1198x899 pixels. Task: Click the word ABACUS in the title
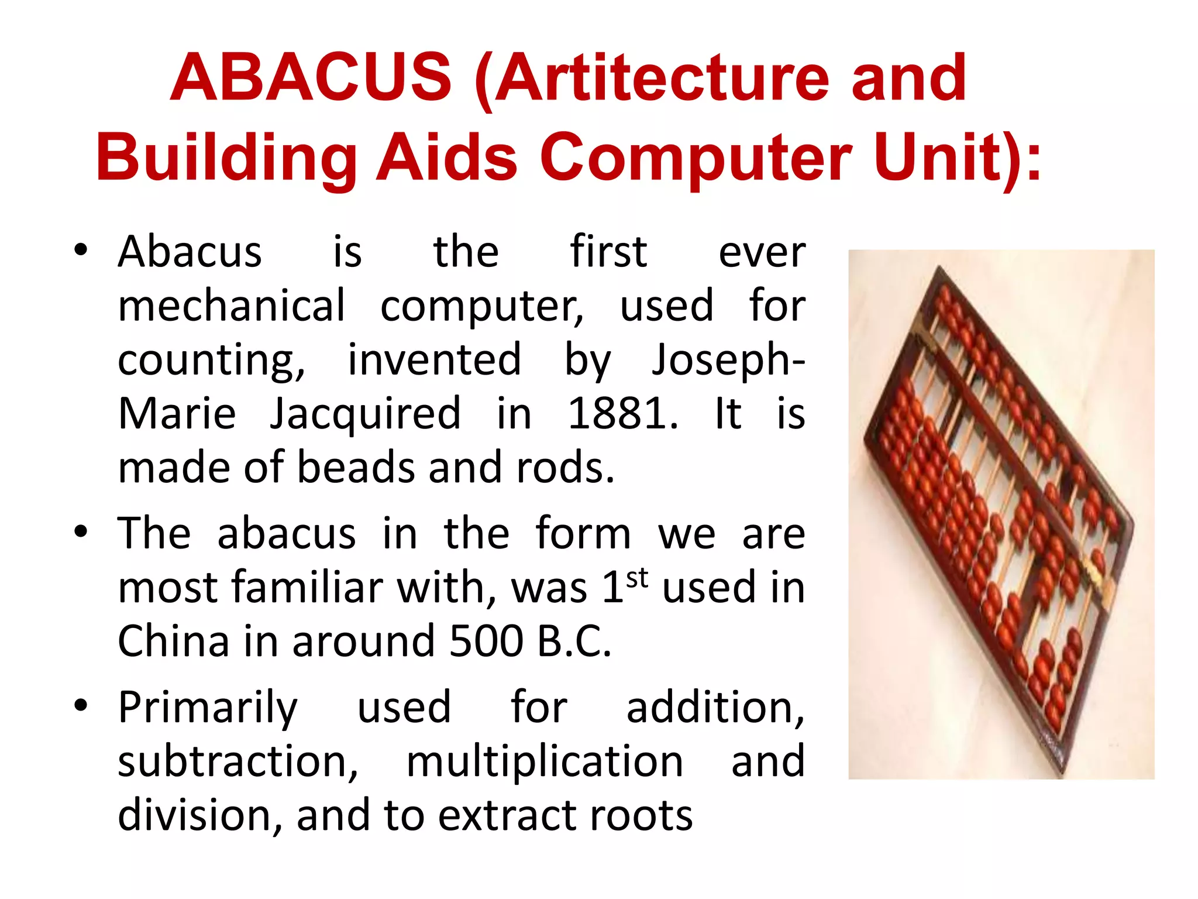point(311,78)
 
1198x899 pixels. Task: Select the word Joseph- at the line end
point(728,360)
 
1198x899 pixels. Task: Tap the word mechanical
point(232,306)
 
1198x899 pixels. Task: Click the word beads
point(358,468)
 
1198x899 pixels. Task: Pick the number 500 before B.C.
point(486,641)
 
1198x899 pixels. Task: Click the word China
point(173,641)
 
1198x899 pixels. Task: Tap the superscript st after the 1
point(637,578)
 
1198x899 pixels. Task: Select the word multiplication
point(545,761)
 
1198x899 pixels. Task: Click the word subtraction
point(237,761)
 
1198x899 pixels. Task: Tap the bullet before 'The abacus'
point(81,531)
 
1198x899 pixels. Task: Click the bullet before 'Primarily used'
point(81,705)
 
